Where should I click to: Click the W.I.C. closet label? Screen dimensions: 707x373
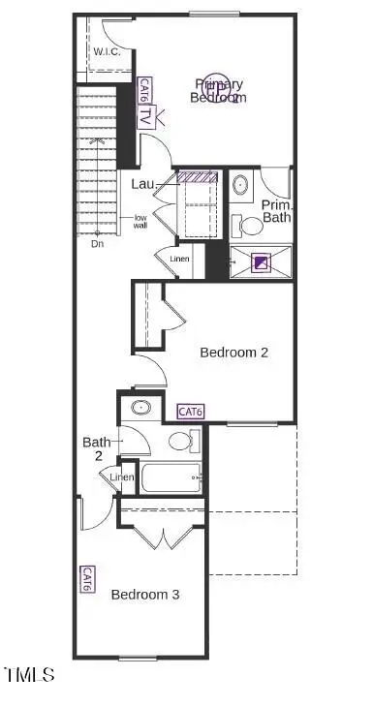pos(106,51)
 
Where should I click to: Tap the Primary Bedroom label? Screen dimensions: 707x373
pos(218,90)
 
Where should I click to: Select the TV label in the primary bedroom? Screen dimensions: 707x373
pos(144,118)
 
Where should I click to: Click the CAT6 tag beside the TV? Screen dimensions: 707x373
pos(143,90)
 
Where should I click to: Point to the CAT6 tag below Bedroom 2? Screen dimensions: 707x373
pos(191,412)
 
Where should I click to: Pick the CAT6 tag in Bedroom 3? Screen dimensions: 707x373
pos(87,580)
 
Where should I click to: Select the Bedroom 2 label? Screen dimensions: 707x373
pos(233,353)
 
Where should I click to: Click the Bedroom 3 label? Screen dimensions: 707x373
pos(144,594)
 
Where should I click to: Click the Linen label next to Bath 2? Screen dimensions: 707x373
pos(121,477)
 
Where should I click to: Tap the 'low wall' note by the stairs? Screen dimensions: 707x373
pos(141,221)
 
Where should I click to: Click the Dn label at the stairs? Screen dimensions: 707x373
pos(98,244)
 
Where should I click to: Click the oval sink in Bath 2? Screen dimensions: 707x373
pos(141,407)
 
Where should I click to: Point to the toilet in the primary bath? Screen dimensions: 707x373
pos(250,226)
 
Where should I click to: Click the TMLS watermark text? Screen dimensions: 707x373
pos(29,675)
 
